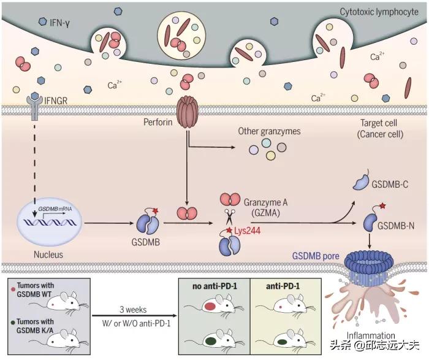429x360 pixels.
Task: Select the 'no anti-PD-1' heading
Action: [211, 284]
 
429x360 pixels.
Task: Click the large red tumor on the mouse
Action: [210, 305]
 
